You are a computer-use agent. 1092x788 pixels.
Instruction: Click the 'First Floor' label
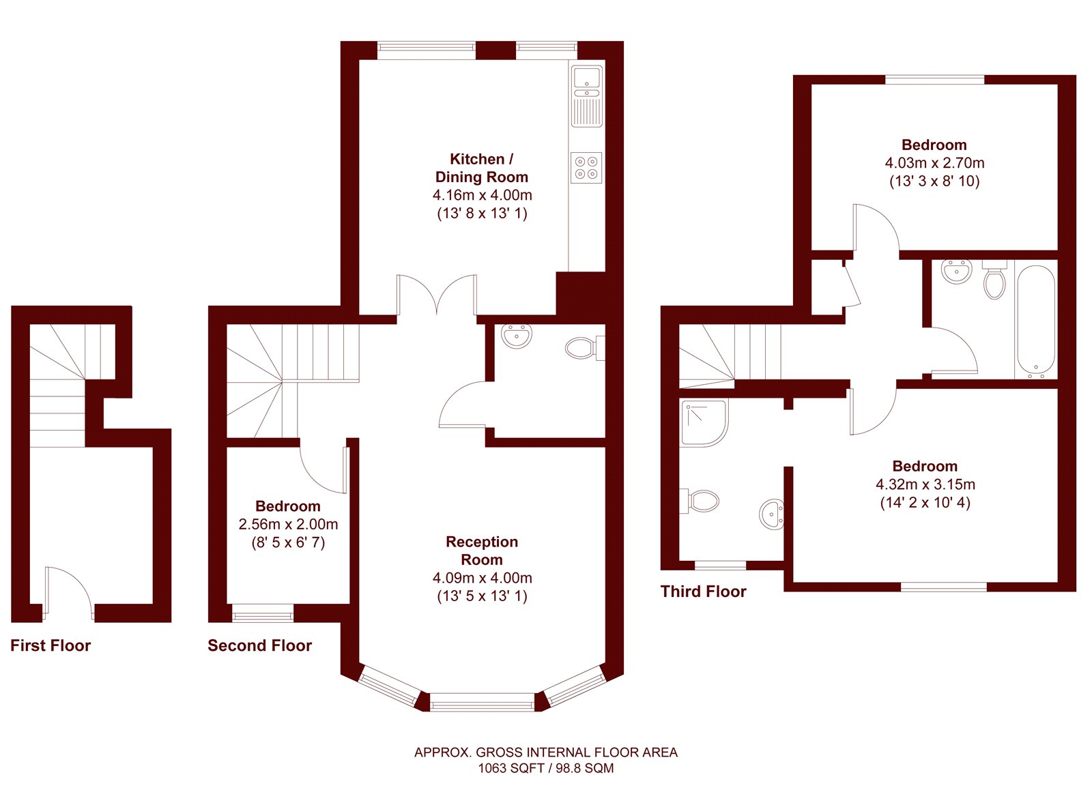point(51,645)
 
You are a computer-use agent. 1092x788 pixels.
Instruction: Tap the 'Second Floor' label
point(260,645)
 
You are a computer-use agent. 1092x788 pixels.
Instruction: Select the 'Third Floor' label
point(704,592)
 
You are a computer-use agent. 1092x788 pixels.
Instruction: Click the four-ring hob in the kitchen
point(586,168)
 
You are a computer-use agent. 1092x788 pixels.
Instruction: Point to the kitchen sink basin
point(587,78)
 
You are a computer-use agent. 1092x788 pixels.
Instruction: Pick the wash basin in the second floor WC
point(516,336)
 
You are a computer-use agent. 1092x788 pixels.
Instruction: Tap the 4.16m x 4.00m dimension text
point(482,195)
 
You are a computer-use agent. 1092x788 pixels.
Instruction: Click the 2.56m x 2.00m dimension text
point(288,525)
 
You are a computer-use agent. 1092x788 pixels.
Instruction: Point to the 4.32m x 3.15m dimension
point(925,484)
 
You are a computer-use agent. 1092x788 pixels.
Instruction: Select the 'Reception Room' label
point(482,551)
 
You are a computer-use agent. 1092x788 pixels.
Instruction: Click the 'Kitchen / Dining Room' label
point(482,168)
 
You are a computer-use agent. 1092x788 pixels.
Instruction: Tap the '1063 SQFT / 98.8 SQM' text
point(545,768)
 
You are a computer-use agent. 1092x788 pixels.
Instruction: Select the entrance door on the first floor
point(68,593)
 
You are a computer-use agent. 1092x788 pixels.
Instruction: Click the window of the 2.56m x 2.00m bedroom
point(263,613)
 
